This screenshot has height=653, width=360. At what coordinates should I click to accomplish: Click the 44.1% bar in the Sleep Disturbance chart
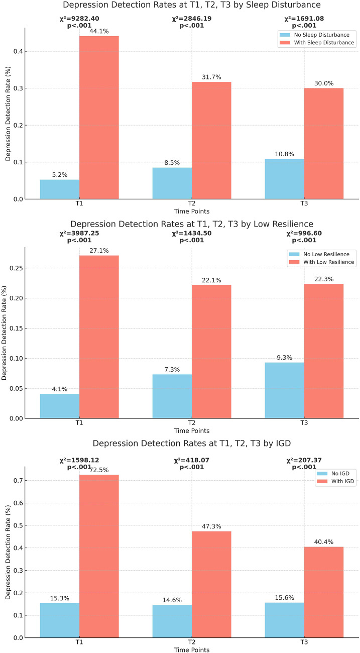pos(99,118)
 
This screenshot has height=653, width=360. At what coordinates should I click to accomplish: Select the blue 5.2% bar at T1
pos(60,189)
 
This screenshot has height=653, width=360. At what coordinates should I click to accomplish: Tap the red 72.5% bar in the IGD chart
pos(99,556)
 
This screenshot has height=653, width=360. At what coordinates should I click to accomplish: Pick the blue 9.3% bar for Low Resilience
pos(284,390)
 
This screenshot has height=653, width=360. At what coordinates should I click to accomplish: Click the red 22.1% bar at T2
pos(211,352)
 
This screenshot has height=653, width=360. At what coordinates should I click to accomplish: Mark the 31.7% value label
pos(211,77)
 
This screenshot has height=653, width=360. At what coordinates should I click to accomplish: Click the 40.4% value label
pos(324,542)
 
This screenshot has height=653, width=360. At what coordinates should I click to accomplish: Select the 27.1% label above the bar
pos(99,251)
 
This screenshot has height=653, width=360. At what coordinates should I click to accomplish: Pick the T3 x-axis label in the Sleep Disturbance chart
pos(304,204)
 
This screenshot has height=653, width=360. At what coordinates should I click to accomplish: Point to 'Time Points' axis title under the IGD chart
pos(191,649)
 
